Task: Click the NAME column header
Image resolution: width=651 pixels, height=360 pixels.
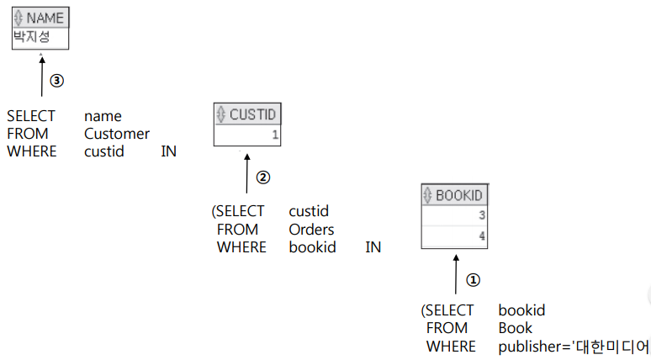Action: click(x=40, y=18)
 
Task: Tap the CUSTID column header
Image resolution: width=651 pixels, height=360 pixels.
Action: click(x=247, y=115)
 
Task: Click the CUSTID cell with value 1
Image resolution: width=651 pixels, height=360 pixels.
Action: click(x=247, y=135)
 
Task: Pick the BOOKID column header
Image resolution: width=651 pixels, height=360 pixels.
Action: click(x=454, y=195)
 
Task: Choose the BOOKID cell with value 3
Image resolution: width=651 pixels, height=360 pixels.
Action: click(x=454, y=215)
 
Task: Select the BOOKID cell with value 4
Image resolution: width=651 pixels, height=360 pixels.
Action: click(x=454, y=236)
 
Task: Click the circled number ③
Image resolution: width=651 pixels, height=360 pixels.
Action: click(x=56, y=81)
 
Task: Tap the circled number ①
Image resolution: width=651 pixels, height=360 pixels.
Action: click(x=473, y=279)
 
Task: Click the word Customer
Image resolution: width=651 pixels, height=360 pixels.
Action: click(x=117, y=134)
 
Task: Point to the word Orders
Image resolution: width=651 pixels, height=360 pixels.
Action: click(x=311, y=230)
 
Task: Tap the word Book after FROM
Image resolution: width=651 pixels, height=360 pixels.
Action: click(x=515, y=328)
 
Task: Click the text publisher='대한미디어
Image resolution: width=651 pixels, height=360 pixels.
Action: click(x=574, y=346)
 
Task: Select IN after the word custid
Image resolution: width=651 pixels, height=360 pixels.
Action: click(x=168, y=151)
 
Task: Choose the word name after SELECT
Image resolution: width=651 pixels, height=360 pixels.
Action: click(x=103, y=116)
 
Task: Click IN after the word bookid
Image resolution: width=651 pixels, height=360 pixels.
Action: click(x=373, y=247)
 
